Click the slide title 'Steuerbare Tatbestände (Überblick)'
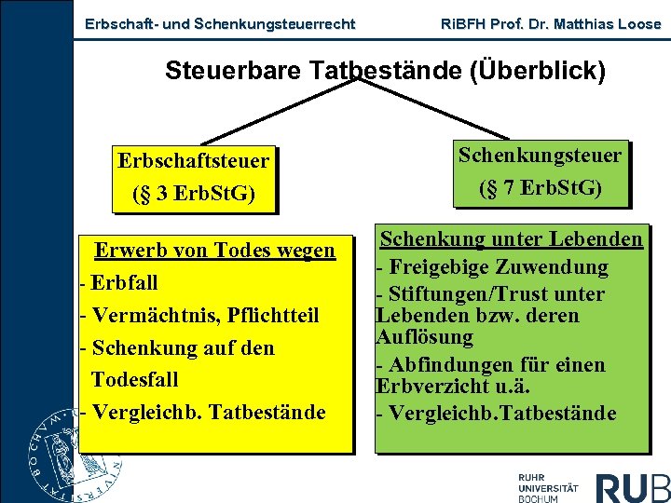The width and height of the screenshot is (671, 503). [385, 71]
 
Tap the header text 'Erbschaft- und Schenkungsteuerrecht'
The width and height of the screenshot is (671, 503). [219, 24]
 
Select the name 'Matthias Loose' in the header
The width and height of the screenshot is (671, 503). [611, 24]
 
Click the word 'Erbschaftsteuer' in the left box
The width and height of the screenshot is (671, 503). [193, 160]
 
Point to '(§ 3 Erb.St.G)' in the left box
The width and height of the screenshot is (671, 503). [193, 194]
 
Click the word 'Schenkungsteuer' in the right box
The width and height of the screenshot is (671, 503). [540, 155]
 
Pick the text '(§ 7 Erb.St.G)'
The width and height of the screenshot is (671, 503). [540, 188]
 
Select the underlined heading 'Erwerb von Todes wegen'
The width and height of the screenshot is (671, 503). [215, 250]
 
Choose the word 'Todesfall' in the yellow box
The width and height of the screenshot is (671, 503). [134, 380]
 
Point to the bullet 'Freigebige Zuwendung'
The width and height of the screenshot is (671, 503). [497, 267]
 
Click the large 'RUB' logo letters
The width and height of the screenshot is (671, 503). [633, 487]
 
